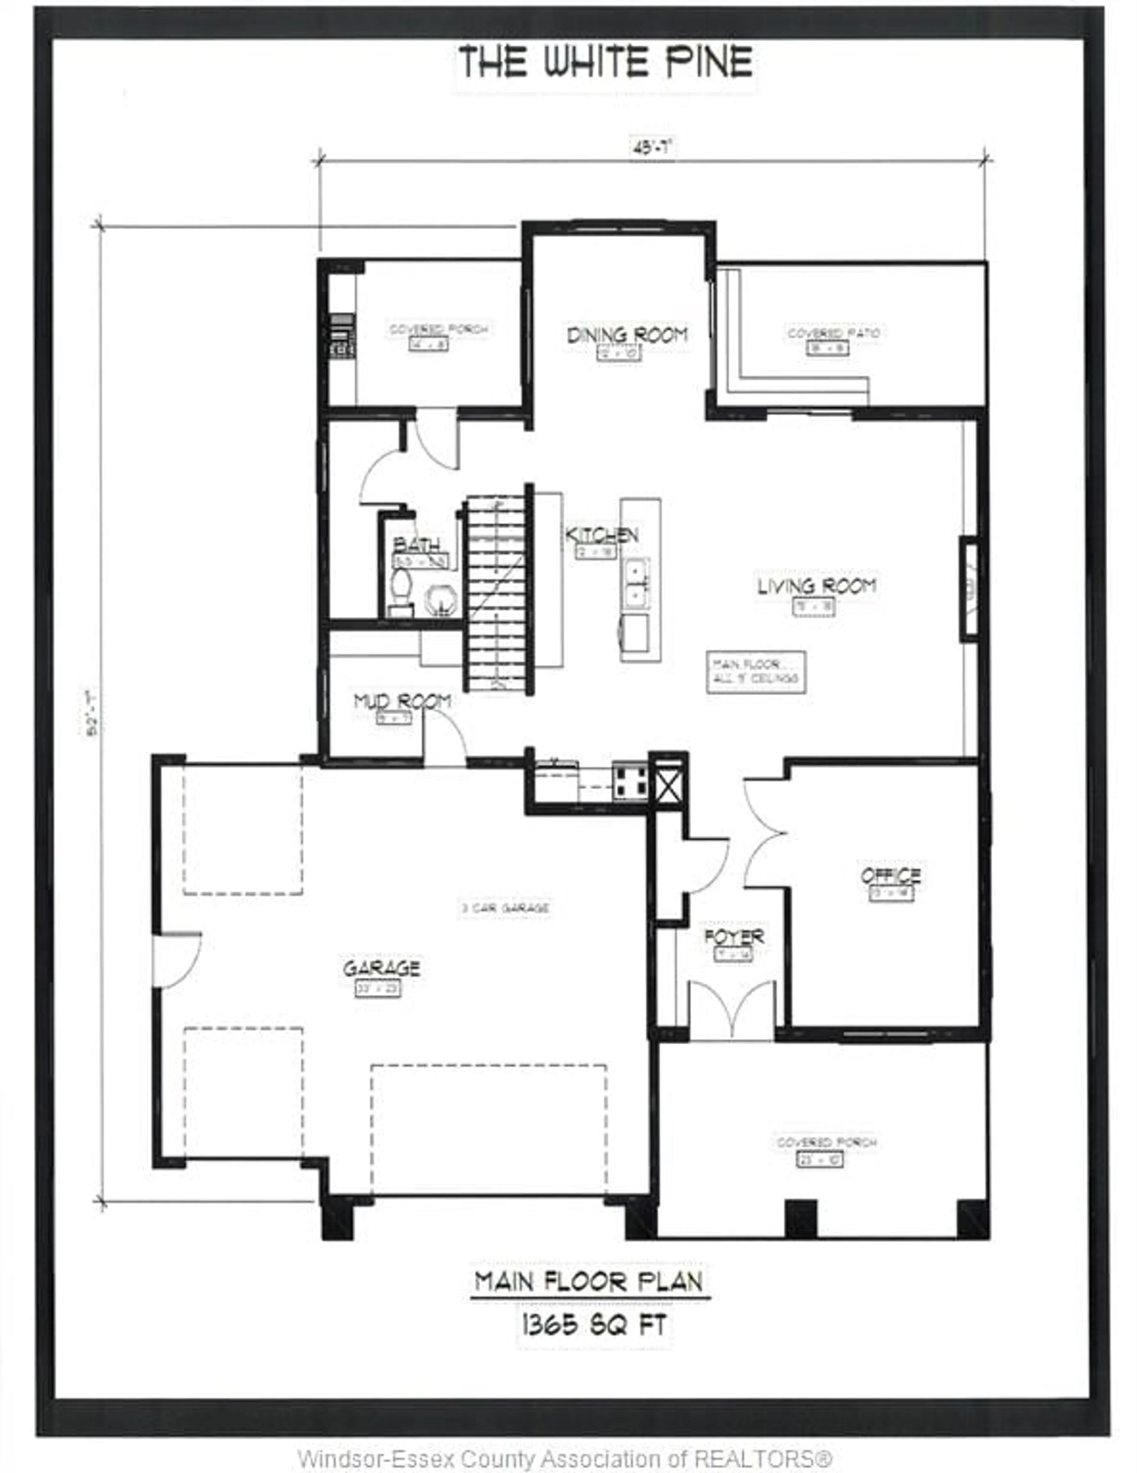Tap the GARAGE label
[x=381, y=969]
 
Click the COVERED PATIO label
[x=834, y=334]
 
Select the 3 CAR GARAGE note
[x=505, y=908]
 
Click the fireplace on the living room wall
[x=969, y=588]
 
